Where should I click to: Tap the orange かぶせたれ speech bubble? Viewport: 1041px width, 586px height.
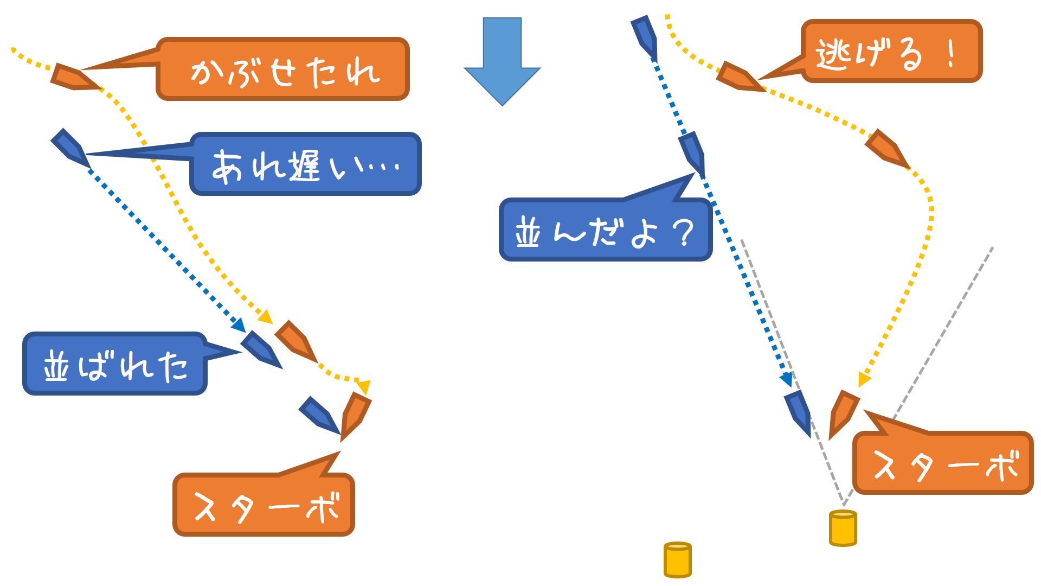pyautogui.click(x=282, y=69)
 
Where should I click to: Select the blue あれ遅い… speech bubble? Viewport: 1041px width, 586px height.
pyautogui.click(x=305, y=164)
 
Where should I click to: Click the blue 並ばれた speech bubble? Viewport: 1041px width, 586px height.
pyautogui.click(x=114, y=364)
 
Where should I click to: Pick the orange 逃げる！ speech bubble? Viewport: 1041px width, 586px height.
pyautogui.click(x=891, y=52)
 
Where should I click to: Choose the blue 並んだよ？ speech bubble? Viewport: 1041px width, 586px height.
pyautogui.click(x=605, y=230)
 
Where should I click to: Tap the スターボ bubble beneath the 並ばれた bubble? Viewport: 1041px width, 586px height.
pyautogui.click(x=264, y=505)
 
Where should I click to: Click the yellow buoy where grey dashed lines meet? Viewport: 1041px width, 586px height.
pyautogui.click(x=843, y=528)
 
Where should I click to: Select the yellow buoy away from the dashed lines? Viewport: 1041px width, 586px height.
pyautogui.click(x=677, y=559)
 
